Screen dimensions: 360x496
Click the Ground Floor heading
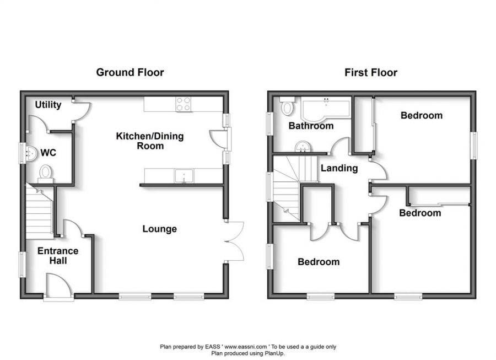click(130, 72)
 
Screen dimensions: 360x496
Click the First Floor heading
click(371, 72)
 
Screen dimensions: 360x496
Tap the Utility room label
click(48, 105)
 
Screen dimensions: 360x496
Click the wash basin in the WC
click(31, 153)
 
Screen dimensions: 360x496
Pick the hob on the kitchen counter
click(184, 104)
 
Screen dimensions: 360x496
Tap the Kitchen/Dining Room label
click(149, 141)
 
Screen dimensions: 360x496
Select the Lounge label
click(159, 229)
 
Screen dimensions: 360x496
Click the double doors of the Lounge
click(235, 240)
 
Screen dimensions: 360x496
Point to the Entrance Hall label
click(58, 255)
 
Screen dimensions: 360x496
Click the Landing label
click(339, 168)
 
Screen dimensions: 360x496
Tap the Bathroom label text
click(311, 126)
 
